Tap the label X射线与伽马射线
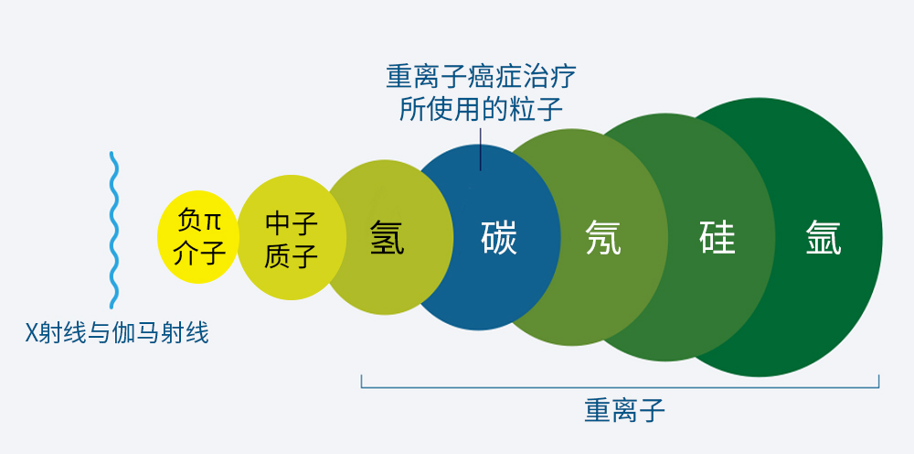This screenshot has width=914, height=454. (x=116, y=332)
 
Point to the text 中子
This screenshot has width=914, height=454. (x=292, y=222)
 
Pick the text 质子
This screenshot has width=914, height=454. (x=292, y=255)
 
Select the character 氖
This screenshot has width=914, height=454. (x=603, y=239)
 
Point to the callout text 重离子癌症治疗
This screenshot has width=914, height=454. (x=482, y=76)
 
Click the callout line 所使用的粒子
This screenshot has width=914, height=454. (x=482, y=109)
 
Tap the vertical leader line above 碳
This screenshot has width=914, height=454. (x=481, y=148)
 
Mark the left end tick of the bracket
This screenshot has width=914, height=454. (x=362, y=380)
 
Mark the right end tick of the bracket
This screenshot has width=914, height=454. (x=878, y=380)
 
